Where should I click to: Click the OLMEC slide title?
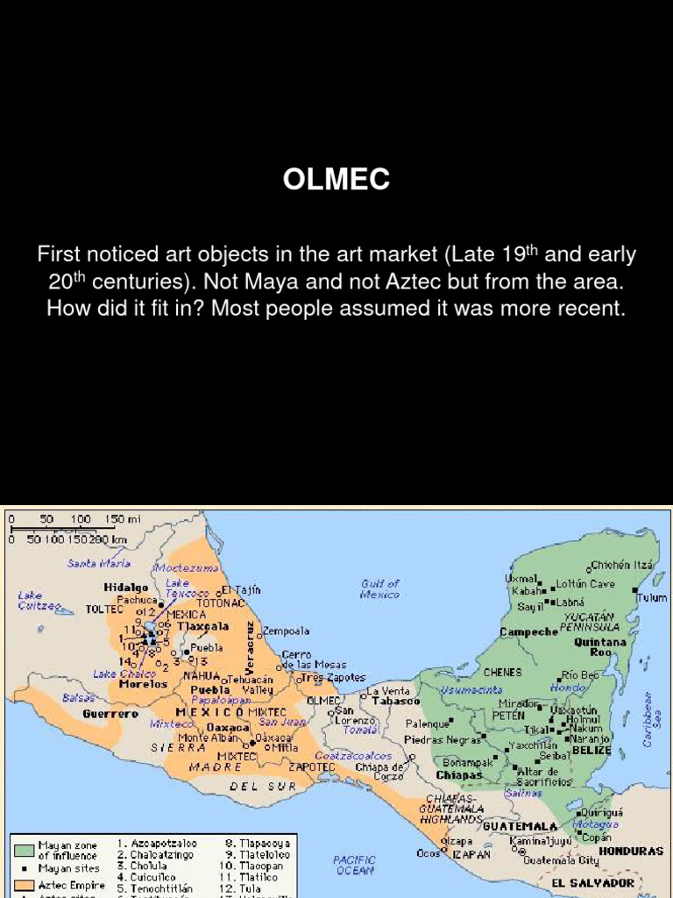336,180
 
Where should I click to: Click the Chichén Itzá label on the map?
622,566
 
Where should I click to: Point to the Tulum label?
652,597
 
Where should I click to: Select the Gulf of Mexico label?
380,588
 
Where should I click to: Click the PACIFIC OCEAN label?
355,866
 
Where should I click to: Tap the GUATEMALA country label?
521,826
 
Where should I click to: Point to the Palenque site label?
428,724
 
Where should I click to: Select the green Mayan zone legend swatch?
24,850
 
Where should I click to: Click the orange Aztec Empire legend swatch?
24,885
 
